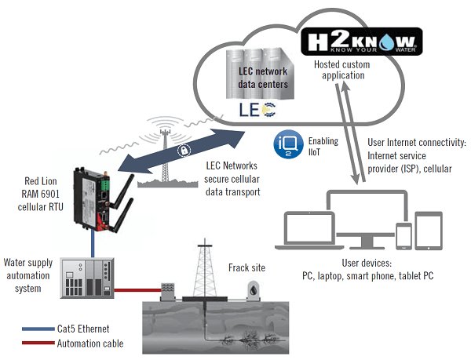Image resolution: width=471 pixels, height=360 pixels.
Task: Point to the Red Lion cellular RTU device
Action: coord(92,195)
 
